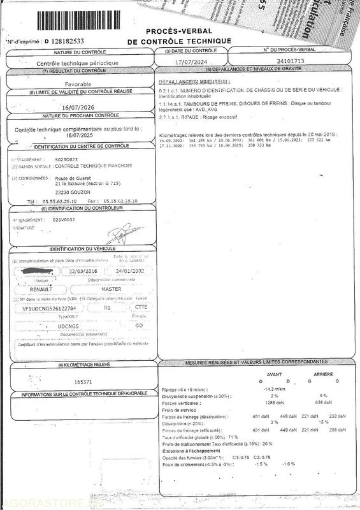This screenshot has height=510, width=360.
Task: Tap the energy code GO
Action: click(140, 325)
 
